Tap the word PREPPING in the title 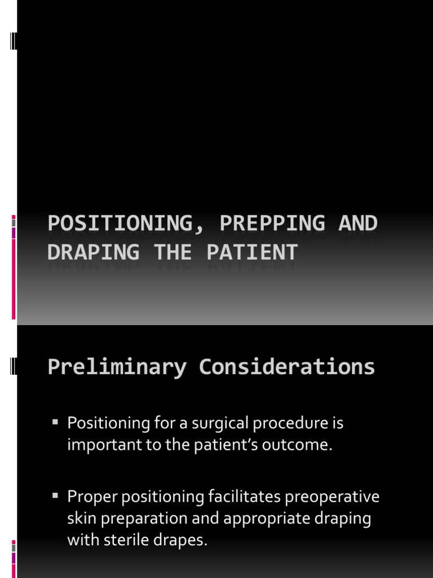click(x=272, y=224)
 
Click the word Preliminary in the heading click(x=117, y=367)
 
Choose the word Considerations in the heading click(x=287, y=367)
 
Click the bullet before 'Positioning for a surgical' click(x=55, y=422)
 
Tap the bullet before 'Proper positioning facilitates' click(x=55, y=496)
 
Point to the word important click(x=98, y=445)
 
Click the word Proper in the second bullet click(x=88, y=497)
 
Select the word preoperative click(x=333, y=497)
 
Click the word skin click(x=78, y=519)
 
